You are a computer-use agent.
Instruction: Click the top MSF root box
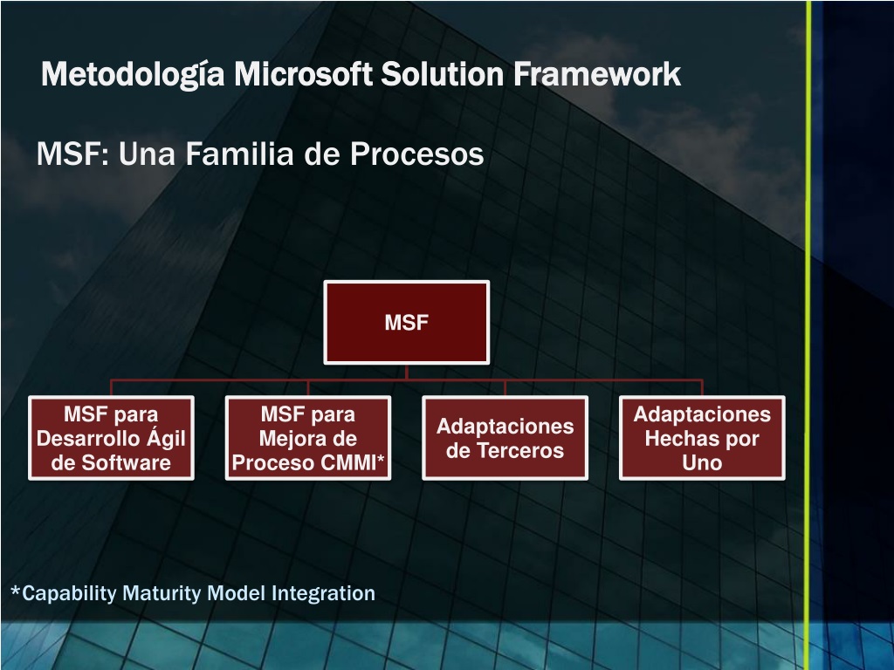(407, 322)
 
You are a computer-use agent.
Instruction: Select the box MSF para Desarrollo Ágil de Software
(111, 438)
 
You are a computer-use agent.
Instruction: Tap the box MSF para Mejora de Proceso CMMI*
(308, 438)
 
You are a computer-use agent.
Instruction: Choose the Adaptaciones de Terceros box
(505, 438)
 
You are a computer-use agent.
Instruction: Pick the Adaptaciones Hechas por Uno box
(702, 438)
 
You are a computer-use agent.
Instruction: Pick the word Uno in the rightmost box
(702, 463)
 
